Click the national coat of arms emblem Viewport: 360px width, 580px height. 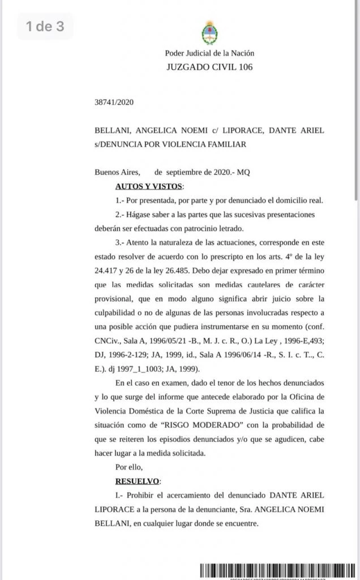coord(209,33)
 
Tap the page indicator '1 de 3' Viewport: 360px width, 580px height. coord(45,26)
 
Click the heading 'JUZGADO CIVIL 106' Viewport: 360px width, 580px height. coord(209,67)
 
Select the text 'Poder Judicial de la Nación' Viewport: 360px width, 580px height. coord(209,53)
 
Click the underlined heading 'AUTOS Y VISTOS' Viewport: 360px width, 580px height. coord(149,186)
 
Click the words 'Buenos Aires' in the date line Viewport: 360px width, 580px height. coord(115,172)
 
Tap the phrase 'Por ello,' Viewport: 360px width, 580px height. coord(128,467)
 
